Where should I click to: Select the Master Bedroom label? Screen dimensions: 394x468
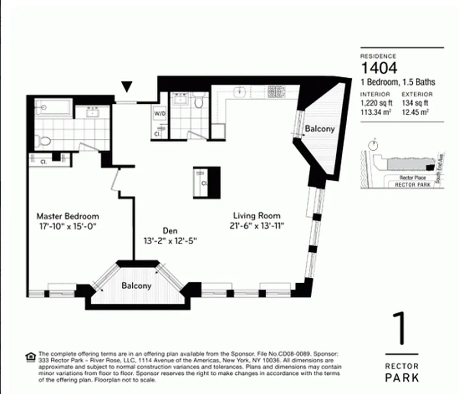coord(68,216)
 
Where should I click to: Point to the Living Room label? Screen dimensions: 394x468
coord(256,216)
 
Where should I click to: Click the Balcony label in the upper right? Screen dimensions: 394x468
coord(320,129)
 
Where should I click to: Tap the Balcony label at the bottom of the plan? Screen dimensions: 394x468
coord(137,286)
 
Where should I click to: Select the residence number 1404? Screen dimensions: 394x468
coord(379,68)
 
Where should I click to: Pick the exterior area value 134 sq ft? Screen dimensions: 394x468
coord(415,103)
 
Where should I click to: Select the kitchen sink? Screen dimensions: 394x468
coord(240,91)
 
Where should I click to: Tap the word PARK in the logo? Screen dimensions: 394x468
coord(402,378)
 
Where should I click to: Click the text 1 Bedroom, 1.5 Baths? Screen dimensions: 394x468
coord(397,82)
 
